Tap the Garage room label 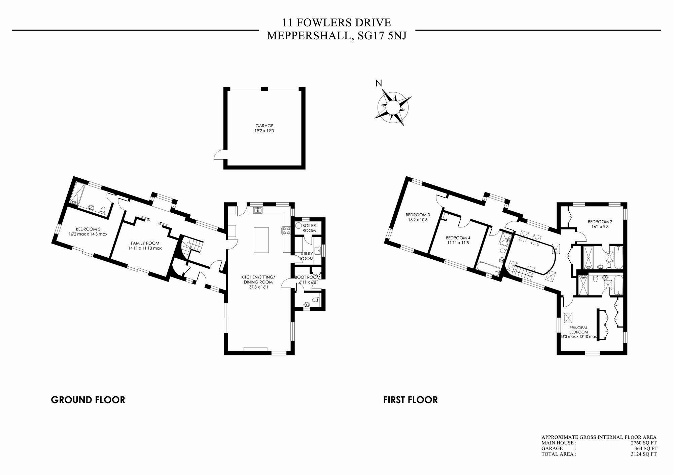point(264,126)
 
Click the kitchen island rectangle point(261,240)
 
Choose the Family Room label point(145,243)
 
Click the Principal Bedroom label point(578,330)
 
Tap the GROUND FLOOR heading point(88,400)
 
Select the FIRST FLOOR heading point(410,400)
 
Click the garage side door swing point(219,155)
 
